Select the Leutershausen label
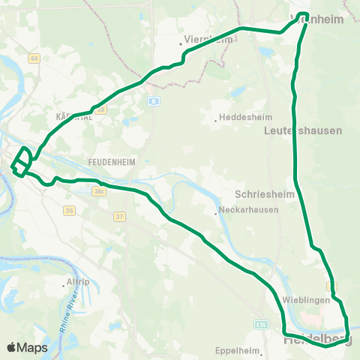303,130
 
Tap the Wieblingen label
305,300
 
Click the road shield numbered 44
34,58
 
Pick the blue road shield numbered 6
153,100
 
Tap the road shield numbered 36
69,211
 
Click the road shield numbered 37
118,217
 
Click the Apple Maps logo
27,347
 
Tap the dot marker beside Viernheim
181,43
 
